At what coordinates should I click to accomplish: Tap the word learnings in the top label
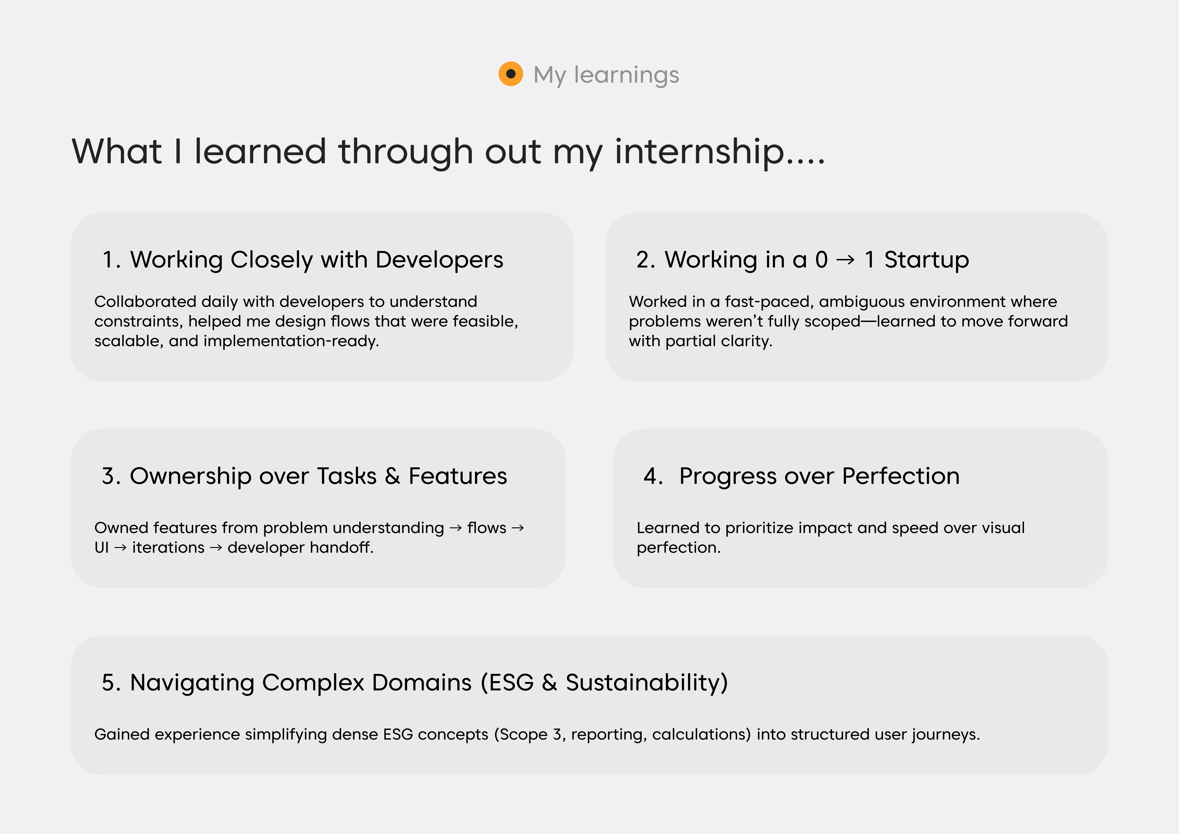tap(627, 75)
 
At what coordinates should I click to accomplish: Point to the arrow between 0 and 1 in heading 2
tap(845, 260)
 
